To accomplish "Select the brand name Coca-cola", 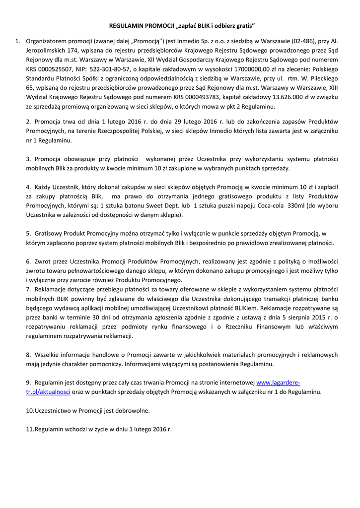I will tap(273, 205).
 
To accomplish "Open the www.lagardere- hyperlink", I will tap(278, 382).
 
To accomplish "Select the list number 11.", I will tap(29, 429).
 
